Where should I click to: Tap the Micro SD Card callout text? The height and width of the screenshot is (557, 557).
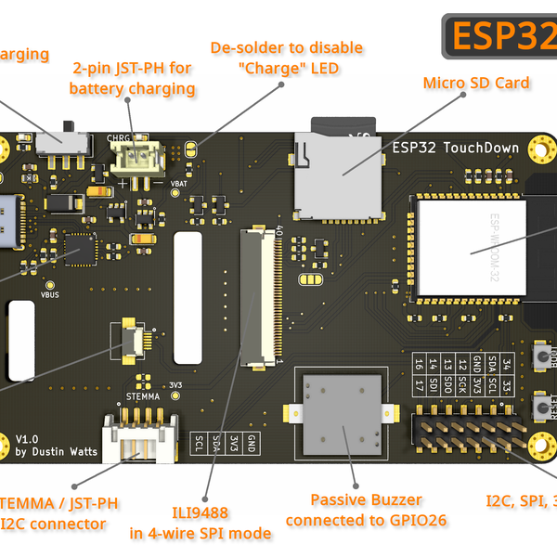click(x=476, y=83)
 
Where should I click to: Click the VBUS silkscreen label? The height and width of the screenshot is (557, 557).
click(x=50, y=294)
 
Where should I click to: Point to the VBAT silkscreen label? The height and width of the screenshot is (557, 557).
click(x=180, y=184)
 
